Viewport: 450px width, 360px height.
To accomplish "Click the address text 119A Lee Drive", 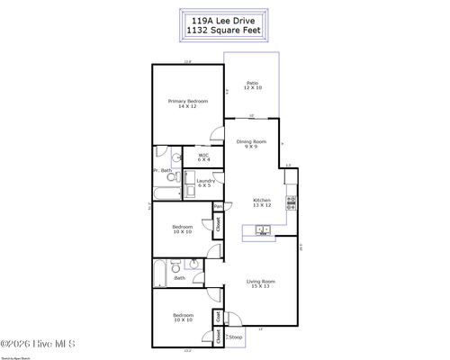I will click(x=224, y=17).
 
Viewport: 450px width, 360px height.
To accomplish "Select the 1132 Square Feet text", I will click(x=224, y=30).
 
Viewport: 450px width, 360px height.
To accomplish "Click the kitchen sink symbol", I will click(x=264, y=230).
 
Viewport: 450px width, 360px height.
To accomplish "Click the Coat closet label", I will click(x=218, y=316).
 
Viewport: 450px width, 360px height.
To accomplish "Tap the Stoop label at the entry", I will click(x=236, y=337).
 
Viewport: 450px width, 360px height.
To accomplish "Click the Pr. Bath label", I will click(x=162, y=170).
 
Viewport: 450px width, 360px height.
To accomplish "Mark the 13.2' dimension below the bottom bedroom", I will click(x=187, y=350).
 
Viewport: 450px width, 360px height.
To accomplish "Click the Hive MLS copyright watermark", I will click(x=38, y=343).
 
